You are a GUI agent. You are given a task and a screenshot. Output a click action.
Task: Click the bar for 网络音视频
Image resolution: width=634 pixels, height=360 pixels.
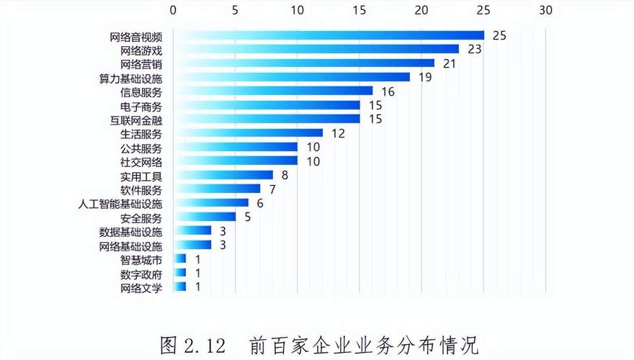pos(329,35)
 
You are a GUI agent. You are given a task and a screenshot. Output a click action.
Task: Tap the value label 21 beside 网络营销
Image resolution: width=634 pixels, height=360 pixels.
pos(450,63)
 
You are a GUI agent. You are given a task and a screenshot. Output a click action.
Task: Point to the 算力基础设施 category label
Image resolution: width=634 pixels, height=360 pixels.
pos(130,78)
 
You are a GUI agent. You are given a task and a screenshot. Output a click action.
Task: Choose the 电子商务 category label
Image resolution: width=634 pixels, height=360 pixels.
pos(141,105)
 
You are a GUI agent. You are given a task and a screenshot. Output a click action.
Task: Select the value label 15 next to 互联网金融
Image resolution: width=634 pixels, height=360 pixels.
pos(375,119)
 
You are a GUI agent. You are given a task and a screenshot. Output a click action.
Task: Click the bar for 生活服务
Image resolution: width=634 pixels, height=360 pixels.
pos(248,133)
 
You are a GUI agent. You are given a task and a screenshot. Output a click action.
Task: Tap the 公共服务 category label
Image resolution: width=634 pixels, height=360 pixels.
pos(141,148)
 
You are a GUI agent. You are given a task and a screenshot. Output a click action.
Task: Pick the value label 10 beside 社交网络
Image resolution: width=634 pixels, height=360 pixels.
pos(313,161)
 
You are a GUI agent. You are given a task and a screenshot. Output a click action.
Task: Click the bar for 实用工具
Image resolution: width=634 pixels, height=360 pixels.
pos(223,175)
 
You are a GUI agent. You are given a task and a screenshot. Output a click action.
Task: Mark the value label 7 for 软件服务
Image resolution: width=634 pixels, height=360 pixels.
pos(273,189)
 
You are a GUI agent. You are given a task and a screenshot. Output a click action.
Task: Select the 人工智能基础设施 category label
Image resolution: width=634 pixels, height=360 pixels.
pos(120,204)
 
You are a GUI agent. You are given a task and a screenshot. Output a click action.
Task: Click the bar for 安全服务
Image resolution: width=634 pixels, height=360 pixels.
pos(205,217)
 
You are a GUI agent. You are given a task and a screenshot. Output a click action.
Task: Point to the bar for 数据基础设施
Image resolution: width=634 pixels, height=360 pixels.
pos(192,231)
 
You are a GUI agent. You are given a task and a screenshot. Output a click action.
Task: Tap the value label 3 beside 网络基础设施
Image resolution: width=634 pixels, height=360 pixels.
pos(223,246)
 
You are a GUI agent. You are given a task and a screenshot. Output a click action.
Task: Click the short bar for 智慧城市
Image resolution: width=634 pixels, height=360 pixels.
pos(179,258)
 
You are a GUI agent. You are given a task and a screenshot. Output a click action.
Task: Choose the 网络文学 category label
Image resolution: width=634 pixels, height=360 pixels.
pos(141,287)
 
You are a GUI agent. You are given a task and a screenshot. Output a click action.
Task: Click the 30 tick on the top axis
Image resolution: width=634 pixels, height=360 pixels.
pos(545,11)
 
